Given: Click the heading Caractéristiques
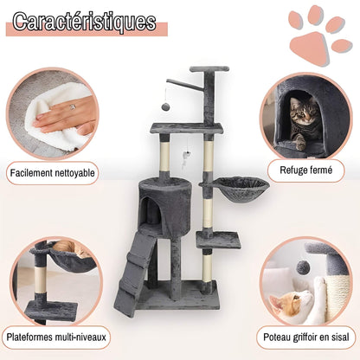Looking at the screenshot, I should (x=85, y=22).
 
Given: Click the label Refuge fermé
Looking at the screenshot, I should (x=305, y=171).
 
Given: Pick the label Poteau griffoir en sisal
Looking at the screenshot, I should (x=304, y=337).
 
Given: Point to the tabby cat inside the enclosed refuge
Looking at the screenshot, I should (x=303, y=121).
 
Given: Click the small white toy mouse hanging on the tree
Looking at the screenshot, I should (x=188, y=155).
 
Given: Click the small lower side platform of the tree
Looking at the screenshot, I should (x=218, y=240).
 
